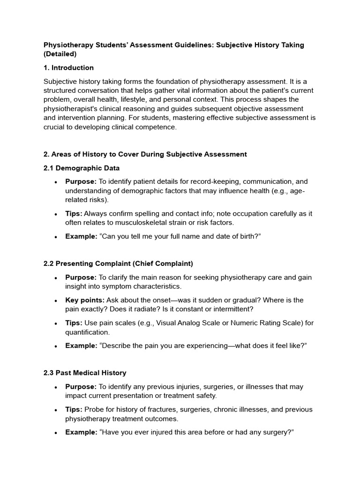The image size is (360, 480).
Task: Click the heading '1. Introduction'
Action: (68, 67)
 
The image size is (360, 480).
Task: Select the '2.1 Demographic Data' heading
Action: (82, 168)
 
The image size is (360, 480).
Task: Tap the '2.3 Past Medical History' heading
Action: (85, 373)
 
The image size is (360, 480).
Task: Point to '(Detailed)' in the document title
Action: (60, 54)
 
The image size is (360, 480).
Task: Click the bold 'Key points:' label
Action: (85, 300)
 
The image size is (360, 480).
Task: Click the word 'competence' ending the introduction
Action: (158, 127)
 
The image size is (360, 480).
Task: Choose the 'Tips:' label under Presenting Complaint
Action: (74, 323)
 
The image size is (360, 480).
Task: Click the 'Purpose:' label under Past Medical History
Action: (81, 387)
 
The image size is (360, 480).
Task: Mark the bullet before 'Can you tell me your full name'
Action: (56, 237)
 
